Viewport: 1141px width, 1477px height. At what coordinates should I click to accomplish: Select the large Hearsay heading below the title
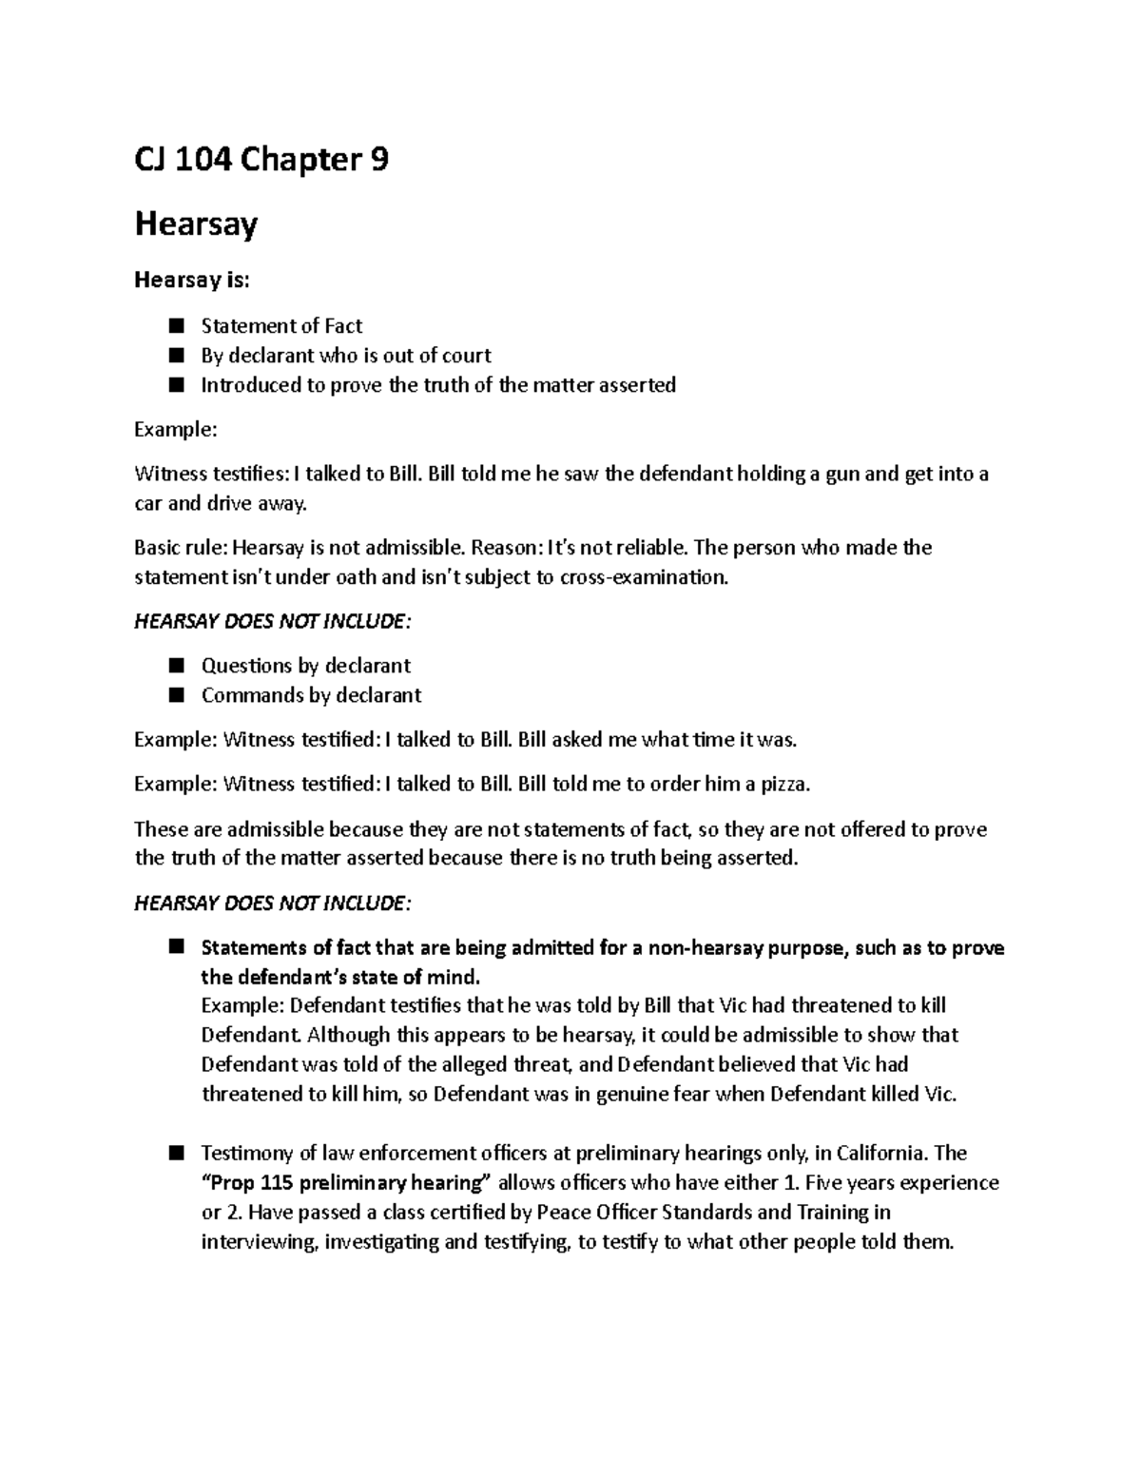[x=196, y=224]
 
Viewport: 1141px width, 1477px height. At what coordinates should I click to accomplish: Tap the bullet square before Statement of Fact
[x=175, y=326]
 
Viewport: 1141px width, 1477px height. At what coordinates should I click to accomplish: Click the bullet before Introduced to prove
[x=175, y=385]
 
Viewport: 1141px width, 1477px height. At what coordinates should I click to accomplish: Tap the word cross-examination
[x=644, y=577]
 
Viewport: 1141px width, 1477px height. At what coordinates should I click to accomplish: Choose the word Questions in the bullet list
[x=246, y=666]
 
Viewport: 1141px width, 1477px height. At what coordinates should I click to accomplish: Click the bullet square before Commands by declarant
[x=175, y=695]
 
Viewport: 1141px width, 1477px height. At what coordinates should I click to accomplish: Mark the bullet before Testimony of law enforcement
[x=175, y=1154]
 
